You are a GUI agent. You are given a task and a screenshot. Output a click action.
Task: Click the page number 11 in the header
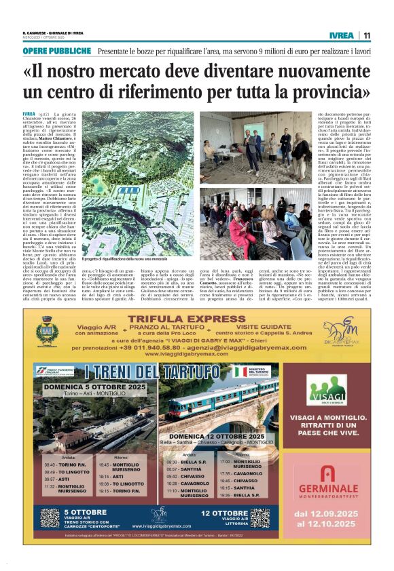pos(367,36)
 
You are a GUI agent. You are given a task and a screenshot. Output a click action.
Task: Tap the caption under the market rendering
pos(122,260)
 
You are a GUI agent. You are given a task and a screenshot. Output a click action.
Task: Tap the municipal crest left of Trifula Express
pos(46,332)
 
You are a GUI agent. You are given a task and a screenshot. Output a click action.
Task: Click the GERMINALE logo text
pos(329,491)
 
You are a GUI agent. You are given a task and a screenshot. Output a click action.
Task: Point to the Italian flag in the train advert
pos(240,372)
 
